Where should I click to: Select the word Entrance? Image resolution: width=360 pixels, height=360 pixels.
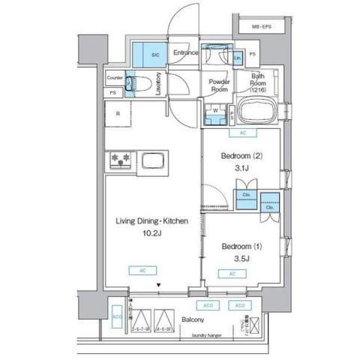click(185, 52)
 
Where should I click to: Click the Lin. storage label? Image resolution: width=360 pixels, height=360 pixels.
click(238, 58)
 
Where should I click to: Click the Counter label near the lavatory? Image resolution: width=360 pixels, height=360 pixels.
click(115, 77)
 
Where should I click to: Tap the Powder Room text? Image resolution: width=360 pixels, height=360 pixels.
click(218, 85)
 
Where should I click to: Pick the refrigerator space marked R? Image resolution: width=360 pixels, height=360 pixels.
click(118, 114)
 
